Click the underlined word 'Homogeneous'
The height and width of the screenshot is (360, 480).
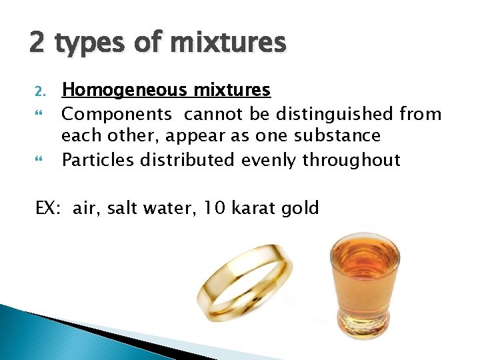point(123,90)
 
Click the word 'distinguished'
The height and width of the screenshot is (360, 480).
point(316,114)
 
